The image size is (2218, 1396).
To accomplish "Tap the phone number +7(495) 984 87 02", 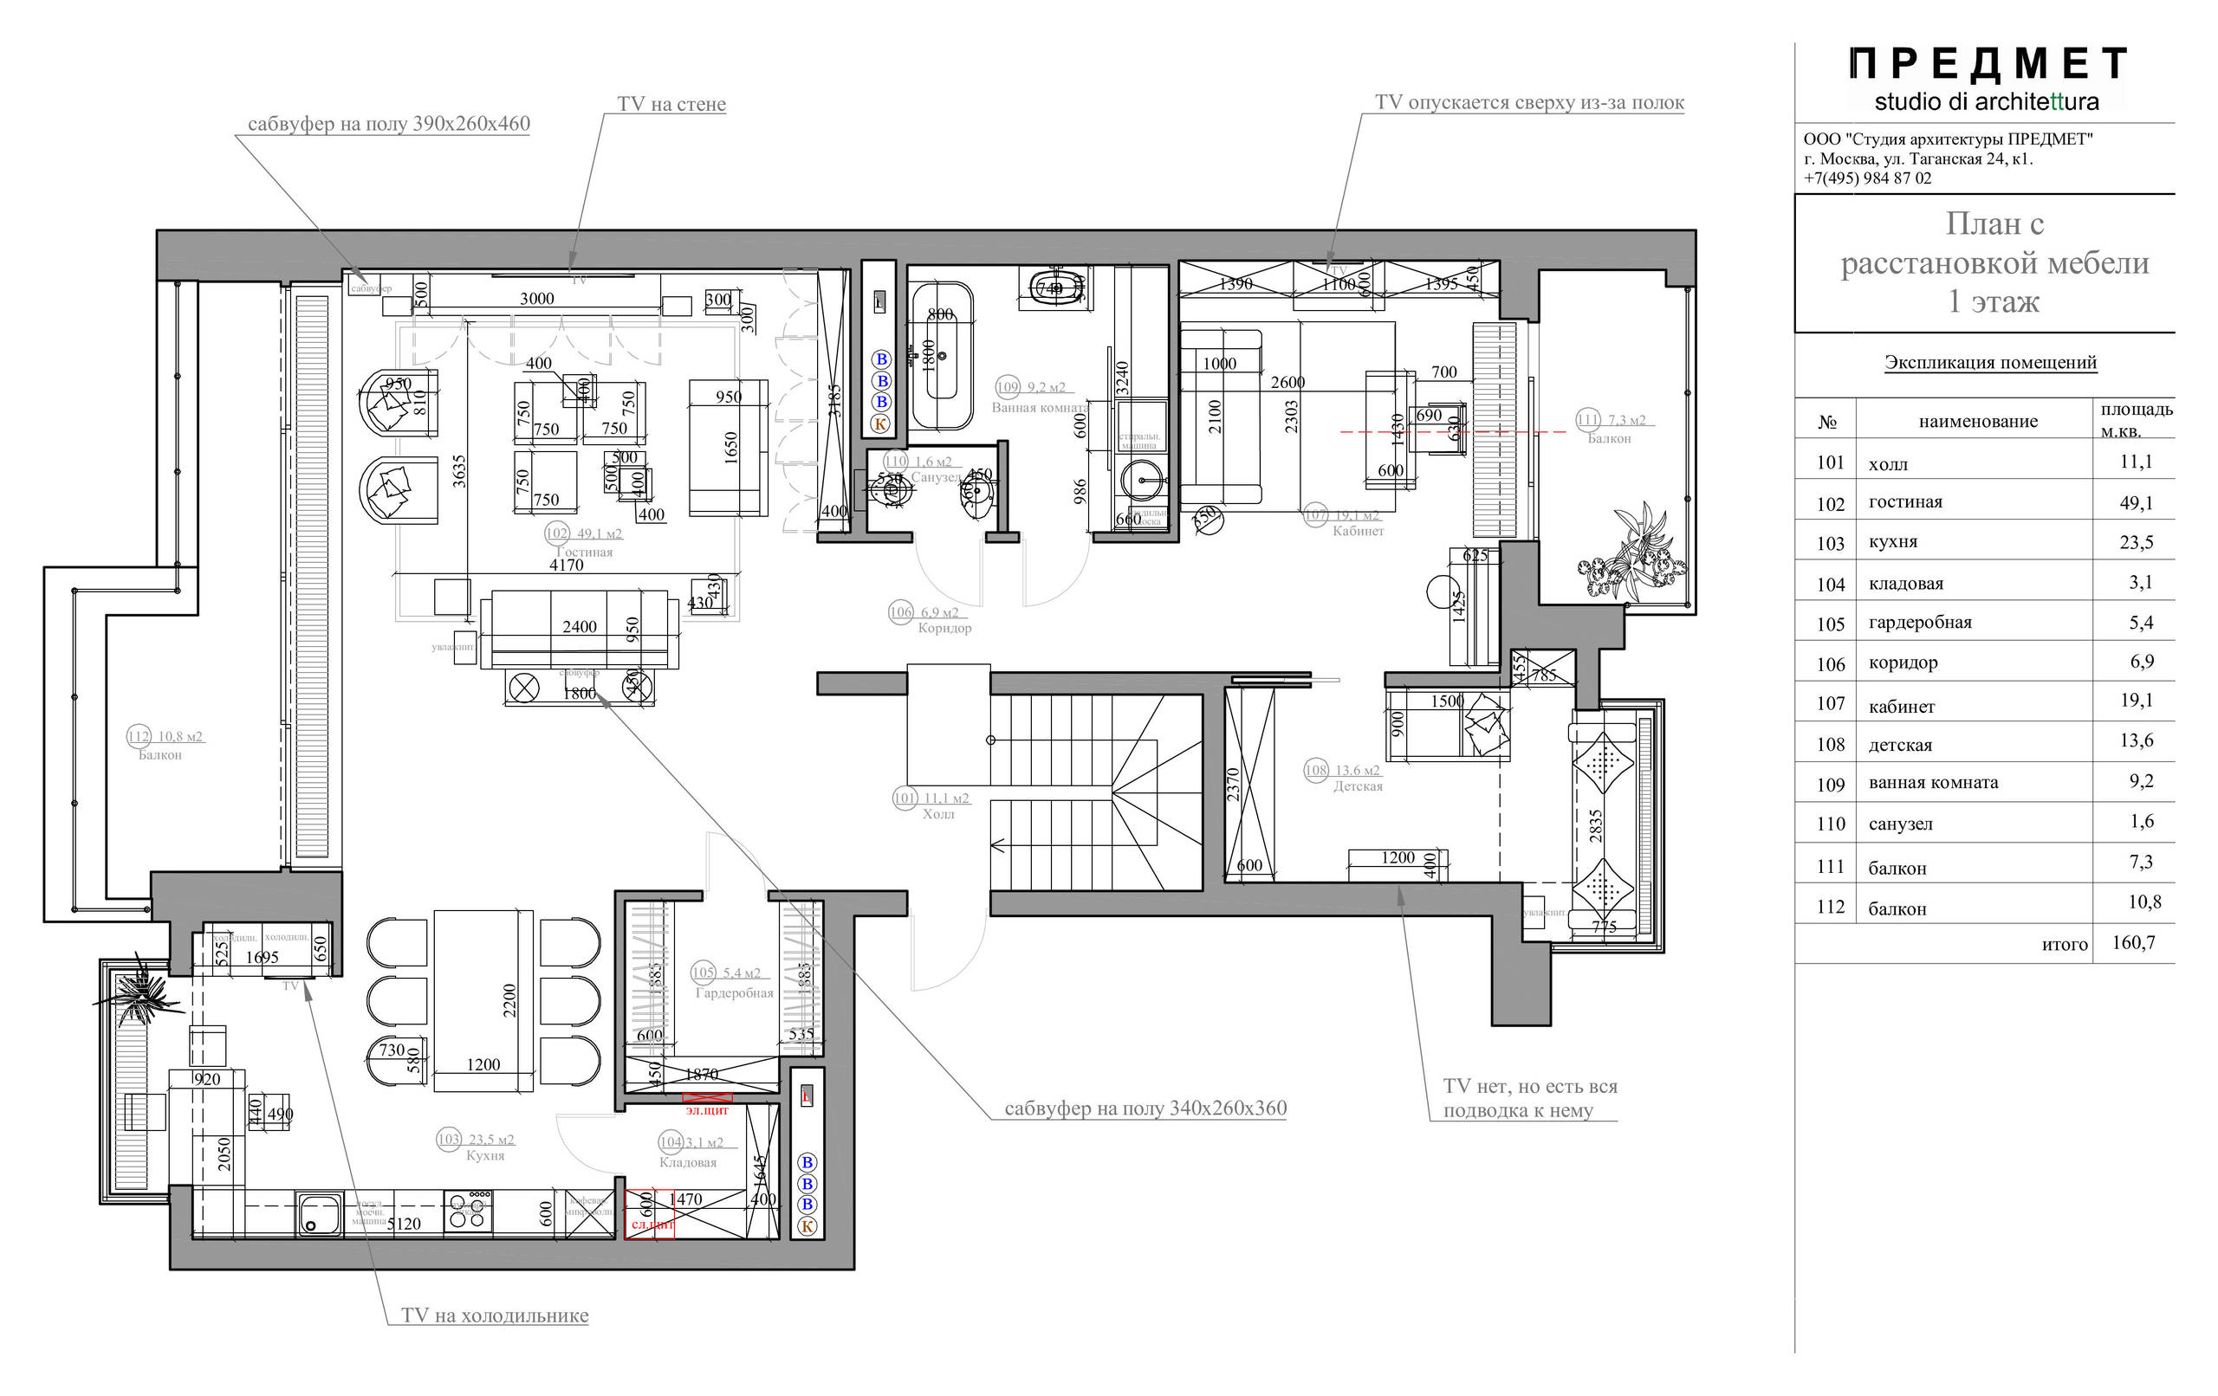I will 1867,178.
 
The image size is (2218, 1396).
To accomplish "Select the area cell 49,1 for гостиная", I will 2135,503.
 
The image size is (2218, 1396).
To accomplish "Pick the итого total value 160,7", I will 2133,942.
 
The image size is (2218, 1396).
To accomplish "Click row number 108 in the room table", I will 1830,745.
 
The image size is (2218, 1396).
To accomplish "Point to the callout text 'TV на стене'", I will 671,104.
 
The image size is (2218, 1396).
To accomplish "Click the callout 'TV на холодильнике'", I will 495,1315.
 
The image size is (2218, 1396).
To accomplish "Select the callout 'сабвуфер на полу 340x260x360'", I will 1145,1108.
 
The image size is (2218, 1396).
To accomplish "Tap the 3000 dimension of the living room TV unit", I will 537,299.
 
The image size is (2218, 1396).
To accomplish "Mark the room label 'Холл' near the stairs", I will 937,814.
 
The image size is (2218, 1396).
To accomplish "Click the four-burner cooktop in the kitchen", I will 468,1212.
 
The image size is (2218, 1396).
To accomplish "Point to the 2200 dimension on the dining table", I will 509,1000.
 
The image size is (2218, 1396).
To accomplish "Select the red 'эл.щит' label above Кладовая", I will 706,1110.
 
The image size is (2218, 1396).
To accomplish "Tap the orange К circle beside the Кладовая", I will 807,1225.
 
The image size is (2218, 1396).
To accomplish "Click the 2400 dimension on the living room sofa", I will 580,626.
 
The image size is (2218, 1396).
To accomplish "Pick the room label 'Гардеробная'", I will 734,992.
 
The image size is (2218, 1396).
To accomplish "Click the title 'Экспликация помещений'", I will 1989,362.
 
